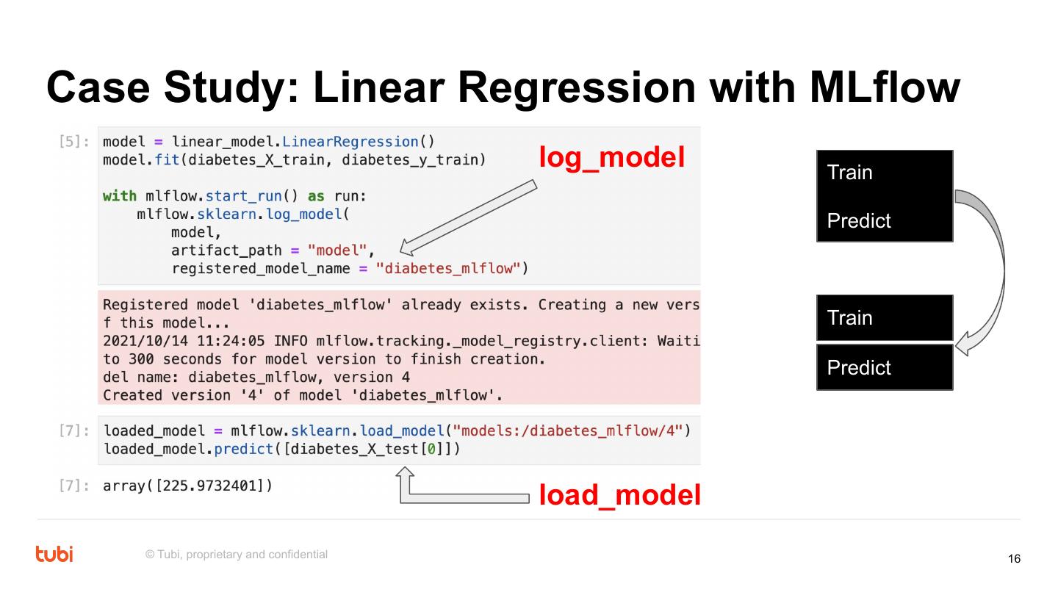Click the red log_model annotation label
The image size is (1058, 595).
(612, 156)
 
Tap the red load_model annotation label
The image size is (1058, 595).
(619, 495)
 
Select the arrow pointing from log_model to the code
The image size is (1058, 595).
(471, 218)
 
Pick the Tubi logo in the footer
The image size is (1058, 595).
(54, 554)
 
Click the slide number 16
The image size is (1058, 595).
(1014, 559)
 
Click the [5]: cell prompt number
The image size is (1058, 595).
(73, 142)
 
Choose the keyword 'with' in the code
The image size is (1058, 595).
(119, 196)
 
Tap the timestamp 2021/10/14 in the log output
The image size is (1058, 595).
(141, 341)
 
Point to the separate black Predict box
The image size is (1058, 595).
(885, 367)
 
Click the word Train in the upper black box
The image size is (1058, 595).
(850, 173)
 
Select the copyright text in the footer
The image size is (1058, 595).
(237, 554)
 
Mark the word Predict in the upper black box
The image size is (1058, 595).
(859, 220)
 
